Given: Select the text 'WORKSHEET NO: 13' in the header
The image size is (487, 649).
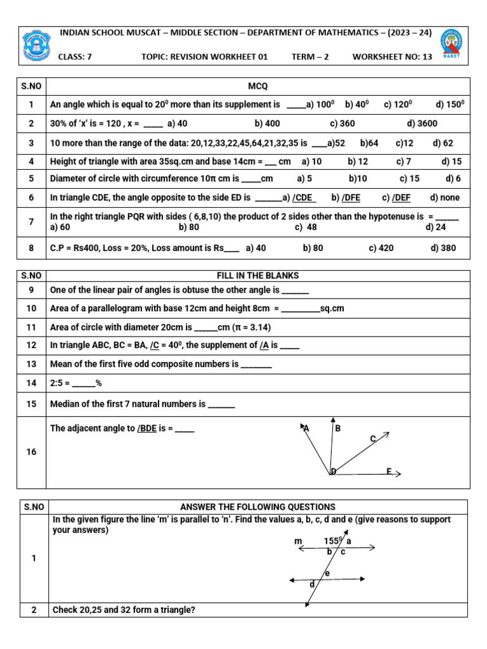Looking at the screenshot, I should [x=392, y=56].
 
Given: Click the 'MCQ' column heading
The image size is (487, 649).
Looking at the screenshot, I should [x=258, y=86].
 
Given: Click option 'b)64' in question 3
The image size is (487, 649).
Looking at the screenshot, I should [x=369, y=143].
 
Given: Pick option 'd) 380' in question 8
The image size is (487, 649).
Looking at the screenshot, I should [x=443, y=248].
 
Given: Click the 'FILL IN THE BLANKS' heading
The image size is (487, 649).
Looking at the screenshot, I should [x=258, y=276].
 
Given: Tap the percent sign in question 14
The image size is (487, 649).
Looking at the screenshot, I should [x=98, y=383].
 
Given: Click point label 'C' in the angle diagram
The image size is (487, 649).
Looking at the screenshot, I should [x=373, y=439].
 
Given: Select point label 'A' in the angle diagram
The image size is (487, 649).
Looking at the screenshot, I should [x=306, y=428].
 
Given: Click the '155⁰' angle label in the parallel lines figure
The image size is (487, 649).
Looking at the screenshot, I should [x=333, y=541].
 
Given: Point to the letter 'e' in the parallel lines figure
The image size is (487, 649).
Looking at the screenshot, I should [x=327, y=574].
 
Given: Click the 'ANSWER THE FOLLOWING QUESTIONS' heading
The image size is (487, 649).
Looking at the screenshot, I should [x=258, y=507].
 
